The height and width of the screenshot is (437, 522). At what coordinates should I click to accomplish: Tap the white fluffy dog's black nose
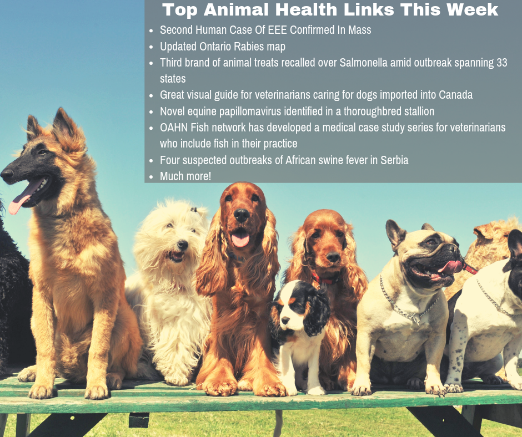pos(183,245)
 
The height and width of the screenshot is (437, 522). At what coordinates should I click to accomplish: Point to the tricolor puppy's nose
pos(285,321)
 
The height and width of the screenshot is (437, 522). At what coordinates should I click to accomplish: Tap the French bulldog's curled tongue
pos(451,267)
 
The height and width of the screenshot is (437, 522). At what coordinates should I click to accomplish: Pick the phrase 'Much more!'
pos(185,176)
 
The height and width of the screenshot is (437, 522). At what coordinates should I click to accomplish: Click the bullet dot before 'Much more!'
pos(151,177)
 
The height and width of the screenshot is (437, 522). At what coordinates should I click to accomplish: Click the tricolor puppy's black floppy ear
pos(317,311)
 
